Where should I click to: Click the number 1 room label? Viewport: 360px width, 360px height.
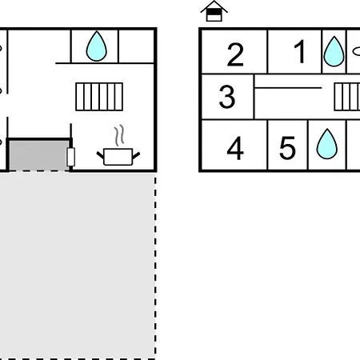(299, 51)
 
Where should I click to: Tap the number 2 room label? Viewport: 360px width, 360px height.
(235, 54)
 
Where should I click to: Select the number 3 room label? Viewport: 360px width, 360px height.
(227, 97)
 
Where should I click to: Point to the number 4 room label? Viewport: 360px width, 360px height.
(235, 148)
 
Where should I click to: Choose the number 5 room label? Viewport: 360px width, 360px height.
(287, 148)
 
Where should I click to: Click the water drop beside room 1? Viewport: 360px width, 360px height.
(334, 51)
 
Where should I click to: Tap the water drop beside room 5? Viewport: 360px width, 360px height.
(327, 144)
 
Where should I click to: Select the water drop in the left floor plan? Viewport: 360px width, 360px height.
(96, 46)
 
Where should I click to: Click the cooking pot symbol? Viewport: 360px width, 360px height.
(118, 157)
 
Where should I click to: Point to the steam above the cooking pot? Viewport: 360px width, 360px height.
(119, 135)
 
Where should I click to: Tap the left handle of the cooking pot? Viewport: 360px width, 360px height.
(100, 155)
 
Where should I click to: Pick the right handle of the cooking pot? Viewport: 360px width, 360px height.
(136, 155)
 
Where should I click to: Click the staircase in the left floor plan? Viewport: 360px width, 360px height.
(99, 97)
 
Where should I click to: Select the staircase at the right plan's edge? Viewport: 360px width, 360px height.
(347, 97)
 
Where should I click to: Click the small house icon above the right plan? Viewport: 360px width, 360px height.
(214, 11)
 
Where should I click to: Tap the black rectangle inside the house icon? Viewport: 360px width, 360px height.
(214, 12)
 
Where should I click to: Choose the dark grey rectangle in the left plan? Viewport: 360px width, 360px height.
(39, 155)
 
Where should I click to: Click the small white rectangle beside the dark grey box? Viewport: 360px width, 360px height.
(70, 157)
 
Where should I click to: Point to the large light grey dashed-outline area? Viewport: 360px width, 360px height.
(78, 266)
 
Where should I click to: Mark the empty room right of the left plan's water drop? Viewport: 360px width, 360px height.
(136, 46)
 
